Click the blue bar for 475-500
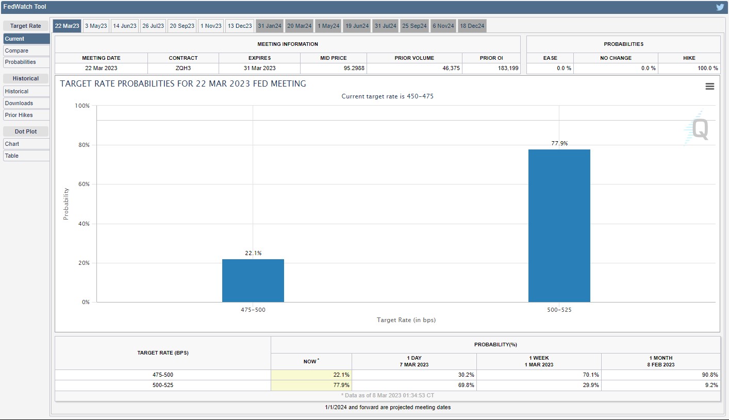coord(253,280)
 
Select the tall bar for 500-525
coord(559,226)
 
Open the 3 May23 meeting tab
coord(96,26)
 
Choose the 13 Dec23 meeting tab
coord(240,26)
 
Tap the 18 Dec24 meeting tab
coord(472,26)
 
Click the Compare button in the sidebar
coord(26,51)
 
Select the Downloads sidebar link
coord(26,103)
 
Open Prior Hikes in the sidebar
coord(26,115)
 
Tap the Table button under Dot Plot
coord(26,156)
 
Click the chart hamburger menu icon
coord(710,86)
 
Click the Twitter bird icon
coord(720,7)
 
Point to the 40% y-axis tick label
coord(84,224)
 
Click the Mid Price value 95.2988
coord(354,68)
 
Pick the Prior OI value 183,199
coord(508,68)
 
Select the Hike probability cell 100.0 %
coord(707,68)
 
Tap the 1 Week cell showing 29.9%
coord(591,385)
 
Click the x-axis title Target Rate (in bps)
coord(406,320)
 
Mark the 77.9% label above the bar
coord(559,143)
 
